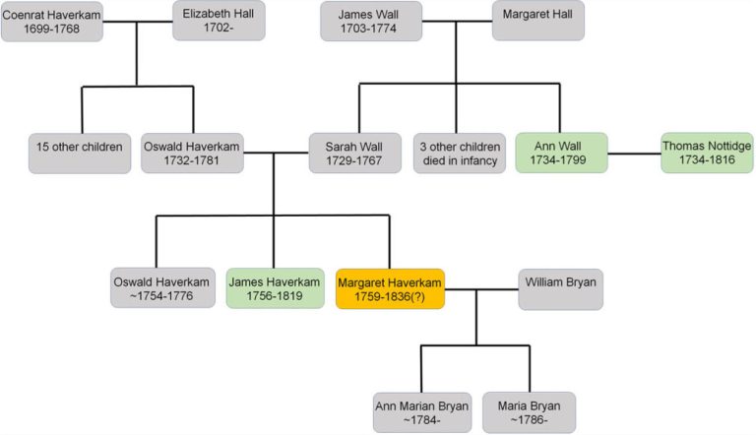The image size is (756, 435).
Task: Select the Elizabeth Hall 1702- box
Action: click(x=219, y=20)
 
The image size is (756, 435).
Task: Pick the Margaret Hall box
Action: click(x=537, y=21)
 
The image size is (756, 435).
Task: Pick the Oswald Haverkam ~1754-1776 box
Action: click(x=162, y=287)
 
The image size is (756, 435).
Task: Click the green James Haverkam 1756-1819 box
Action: click(x=275, y=287)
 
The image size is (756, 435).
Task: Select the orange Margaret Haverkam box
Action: click(x=391, y=287)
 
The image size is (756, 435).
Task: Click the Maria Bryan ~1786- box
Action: click(x=530, y=411)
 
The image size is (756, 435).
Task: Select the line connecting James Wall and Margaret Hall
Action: click(x=457, y=21)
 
